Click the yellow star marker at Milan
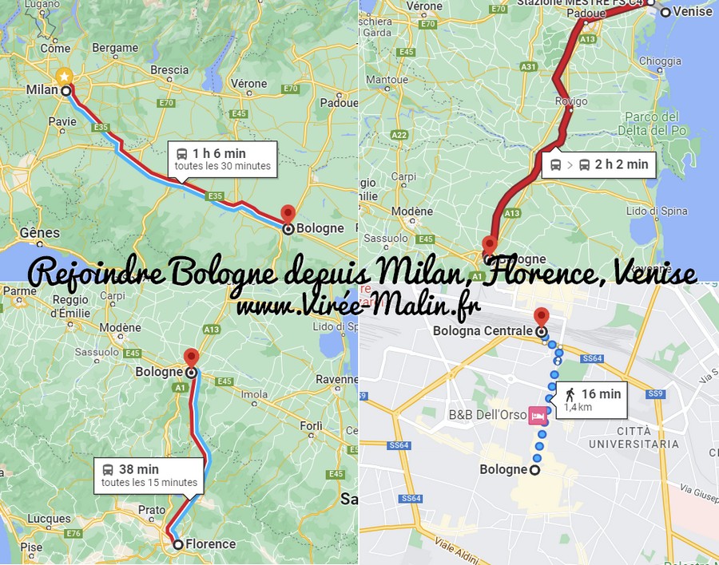point(63,77)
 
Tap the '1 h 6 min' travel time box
point(222,159)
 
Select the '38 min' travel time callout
point(149,476)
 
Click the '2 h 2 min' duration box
point(599,165)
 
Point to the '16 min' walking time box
point(592,399)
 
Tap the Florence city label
point(211,544)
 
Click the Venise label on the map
point(692,12)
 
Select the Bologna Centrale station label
point(483,330)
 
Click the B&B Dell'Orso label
point(487,415)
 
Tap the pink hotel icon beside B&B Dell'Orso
point(538,415)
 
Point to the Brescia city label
point(169,70)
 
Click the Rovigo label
point(571,101)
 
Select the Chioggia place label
point(659,60)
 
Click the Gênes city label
point(40,233)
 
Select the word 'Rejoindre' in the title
point(97,274)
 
